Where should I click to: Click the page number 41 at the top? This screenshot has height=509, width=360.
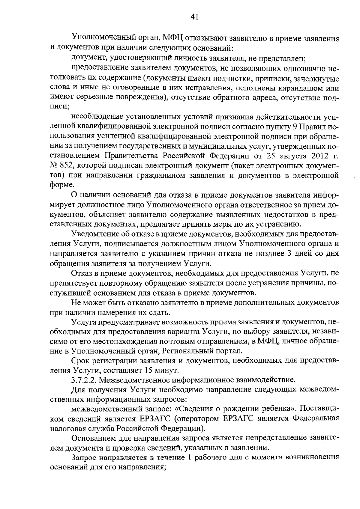pyautogui.click(x=194, y=17)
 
